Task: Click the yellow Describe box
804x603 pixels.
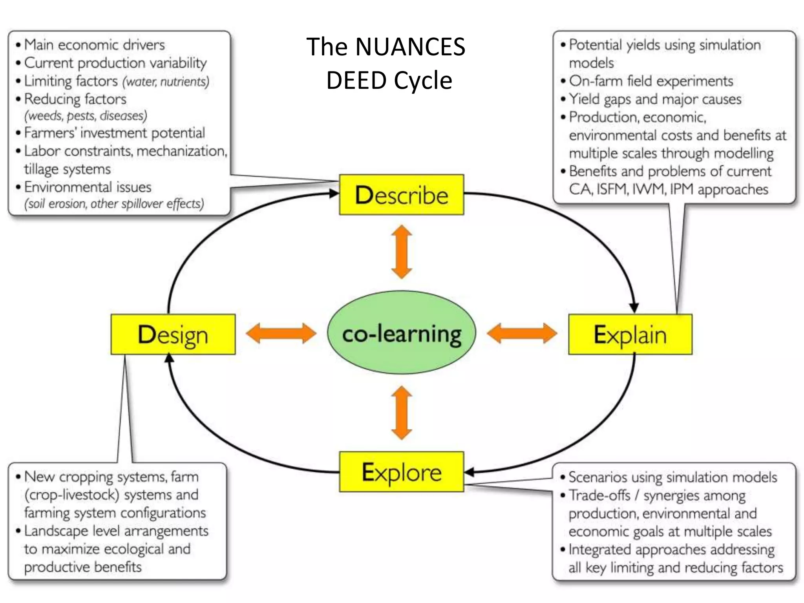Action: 401,195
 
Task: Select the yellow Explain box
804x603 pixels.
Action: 630,334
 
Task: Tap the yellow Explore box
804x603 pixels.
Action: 401,471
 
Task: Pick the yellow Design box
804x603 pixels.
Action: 173,334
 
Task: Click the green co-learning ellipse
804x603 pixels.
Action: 401,333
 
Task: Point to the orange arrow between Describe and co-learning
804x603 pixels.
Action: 402,252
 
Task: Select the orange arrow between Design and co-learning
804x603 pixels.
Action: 281,333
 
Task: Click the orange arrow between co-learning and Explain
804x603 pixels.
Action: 522,333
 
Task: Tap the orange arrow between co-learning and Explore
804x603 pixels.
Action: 402,413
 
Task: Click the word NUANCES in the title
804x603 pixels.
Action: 410,47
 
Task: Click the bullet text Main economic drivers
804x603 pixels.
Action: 94,45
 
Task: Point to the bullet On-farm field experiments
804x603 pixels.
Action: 651,81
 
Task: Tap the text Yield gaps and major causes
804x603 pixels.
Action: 655,99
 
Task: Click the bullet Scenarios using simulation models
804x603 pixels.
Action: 672,477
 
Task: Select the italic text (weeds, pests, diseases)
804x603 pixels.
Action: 86,116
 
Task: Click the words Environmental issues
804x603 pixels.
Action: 88,187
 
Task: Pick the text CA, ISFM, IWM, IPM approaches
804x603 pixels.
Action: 668,189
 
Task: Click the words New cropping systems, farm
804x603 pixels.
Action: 111,477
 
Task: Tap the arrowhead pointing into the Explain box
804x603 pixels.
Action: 634,308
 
